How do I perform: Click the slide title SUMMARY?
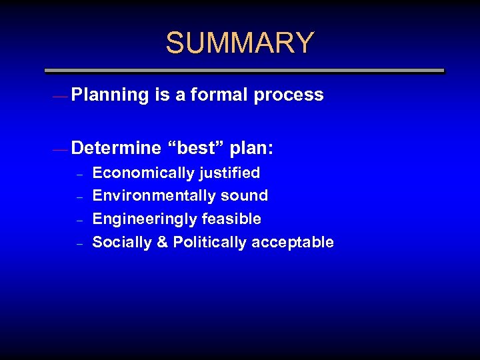[x=239, y=43]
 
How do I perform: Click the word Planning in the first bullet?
[x=109, y=95]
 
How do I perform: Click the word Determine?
[x=116, y=147]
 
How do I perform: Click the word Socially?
[x=121, y=242]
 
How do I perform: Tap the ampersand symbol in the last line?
[x=161, y=242]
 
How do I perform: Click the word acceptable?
[x=293, y=242]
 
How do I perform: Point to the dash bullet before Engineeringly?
[x=79, y=221]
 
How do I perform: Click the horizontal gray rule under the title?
[x=244, y=70]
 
